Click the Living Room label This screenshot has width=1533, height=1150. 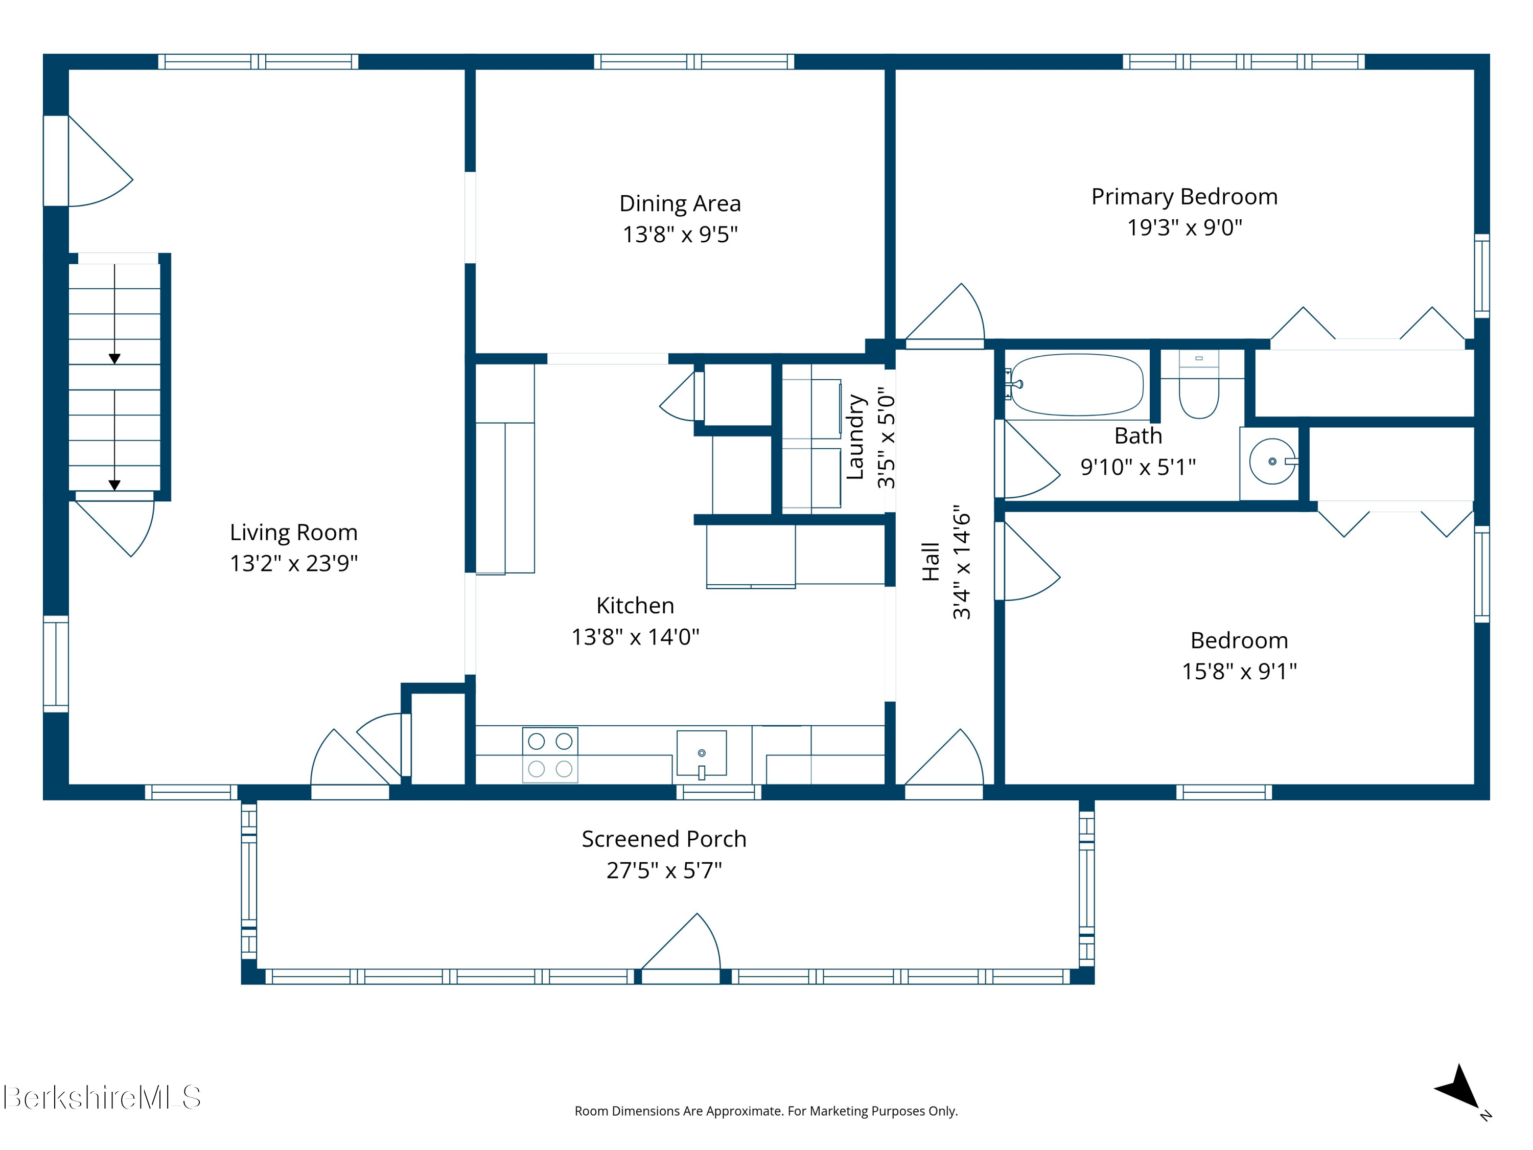coord(294,533)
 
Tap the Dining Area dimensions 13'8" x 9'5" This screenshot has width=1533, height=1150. coord(680,234)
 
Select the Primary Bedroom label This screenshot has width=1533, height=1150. coord(1184,197)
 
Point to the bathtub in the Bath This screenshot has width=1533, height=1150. coord(1076,385)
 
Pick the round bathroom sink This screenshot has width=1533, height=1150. coord(1272,461)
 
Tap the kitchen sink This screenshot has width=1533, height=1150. coord(702,753)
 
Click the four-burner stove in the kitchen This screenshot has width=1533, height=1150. coord(550,755)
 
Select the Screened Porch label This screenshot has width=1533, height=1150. coord(664,839)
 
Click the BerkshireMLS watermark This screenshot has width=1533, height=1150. coord(102,1097)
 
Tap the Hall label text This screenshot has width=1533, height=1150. coord(931,562)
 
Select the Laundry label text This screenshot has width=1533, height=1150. coord(856,436)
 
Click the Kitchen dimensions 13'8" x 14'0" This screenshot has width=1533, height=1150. coord(636,636)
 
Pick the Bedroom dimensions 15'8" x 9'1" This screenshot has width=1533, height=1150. coord(1239,671)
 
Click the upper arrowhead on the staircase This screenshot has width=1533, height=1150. coord(114,358)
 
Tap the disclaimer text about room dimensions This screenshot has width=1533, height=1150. coord(766,1111)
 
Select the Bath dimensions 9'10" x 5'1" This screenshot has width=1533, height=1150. coord(1138,467)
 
